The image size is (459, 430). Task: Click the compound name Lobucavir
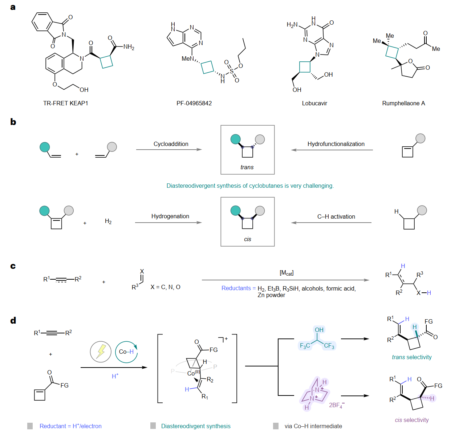pyautogui.click(x=314, y=103)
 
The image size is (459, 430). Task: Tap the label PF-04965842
pyautogui.click(x=194, y=103)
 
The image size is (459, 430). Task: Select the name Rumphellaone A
pyautogui.click(x=403, y=103)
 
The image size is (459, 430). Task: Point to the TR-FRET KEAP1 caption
pyautogui.click(x=65, y=103)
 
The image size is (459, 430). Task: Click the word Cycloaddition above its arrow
pyautogui.click(x=171, y=144)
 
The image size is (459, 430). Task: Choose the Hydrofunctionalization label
pyautogui.click(x=336, y=144)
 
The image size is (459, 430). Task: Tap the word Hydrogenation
pyautogui.click(x=170, y=216)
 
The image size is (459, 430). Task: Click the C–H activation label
pyautogui.click(x=336, y=216)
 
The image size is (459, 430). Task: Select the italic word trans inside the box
pyautogui.click(x=247, y=167)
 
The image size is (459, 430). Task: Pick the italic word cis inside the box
pyautogui.click(x=247, y=239)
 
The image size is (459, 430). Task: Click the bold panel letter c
pyautogui.click(x=13, y=266)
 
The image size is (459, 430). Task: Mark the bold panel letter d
pyautogui.click(x=13, y=320)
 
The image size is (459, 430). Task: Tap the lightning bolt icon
pyautogui.click(x=101, y=352)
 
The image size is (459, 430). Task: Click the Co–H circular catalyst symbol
pyautogui.click(x=126, y=352)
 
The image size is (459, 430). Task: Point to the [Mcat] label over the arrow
pyautogui.click(x=287, y=273)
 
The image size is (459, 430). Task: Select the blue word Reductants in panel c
pyautogui.click(x=236, y=288)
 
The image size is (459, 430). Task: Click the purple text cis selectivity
pyautogui.click(x=412, y=420)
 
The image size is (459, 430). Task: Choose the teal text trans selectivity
pyautogui.click(x=412, y=357)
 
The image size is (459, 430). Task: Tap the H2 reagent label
pyautogui.click(x=108, y=221)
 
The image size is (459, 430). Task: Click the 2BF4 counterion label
pyautogui.click(x=337, y=405)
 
